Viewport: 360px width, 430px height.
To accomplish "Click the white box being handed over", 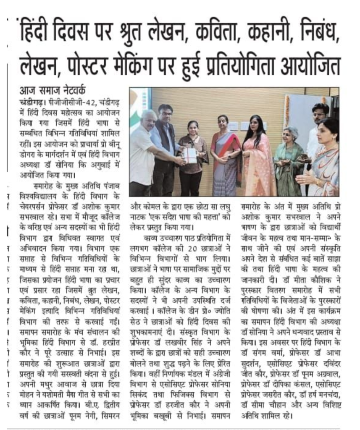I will [x=191, y=155].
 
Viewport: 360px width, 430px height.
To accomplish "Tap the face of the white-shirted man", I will [x=148, y=119].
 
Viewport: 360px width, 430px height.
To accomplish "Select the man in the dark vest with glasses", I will [x=165, y=147].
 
